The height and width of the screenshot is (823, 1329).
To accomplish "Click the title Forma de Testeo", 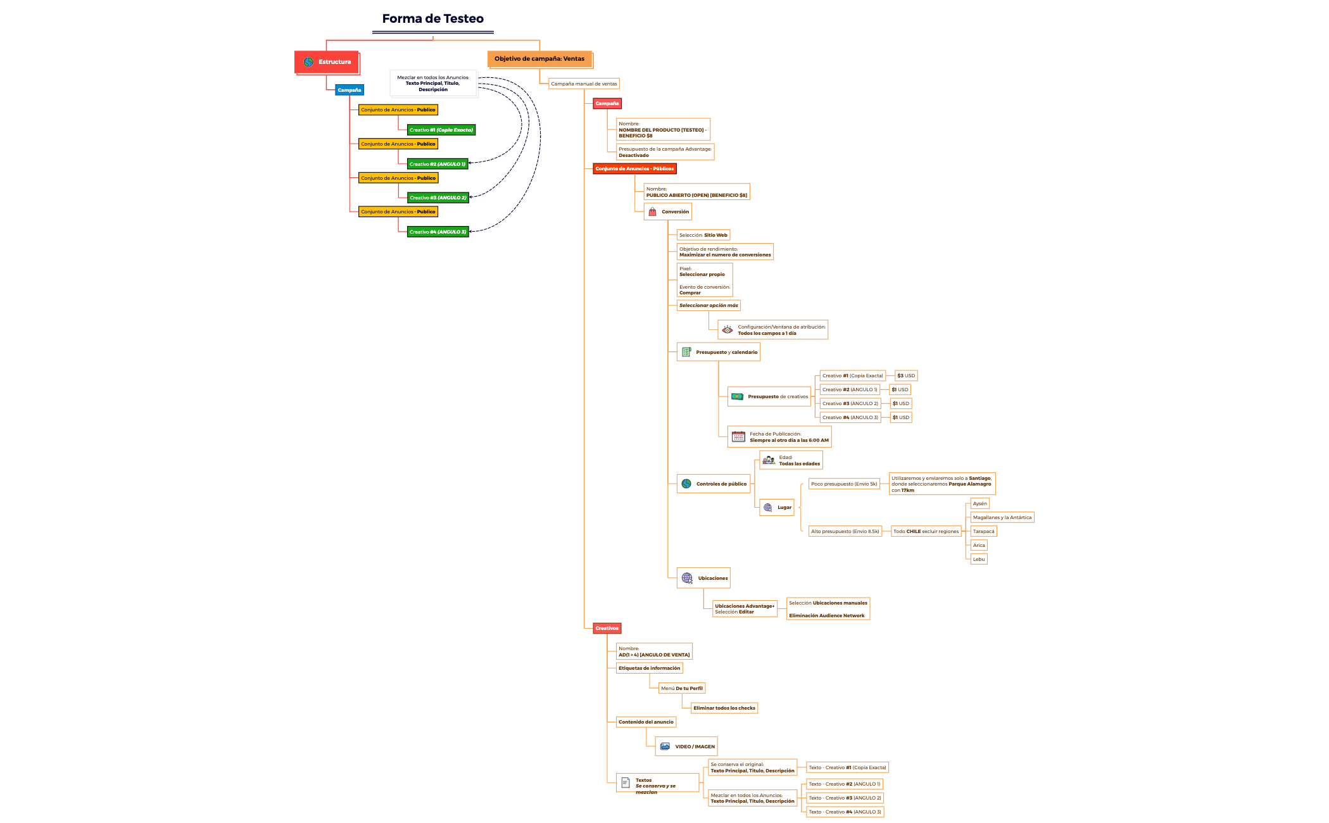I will point(432,19).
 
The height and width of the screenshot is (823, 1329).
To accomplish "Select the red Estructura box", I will point(327,62).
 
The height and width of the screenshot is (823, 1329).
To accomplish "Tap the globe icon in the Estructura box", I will point(308,62).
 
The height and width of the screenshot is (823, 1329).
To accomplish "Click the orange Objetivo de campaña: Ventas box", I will point(539,59).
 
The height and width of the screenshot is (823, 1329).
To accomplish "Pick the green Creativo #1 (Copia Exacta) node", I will point(441,130).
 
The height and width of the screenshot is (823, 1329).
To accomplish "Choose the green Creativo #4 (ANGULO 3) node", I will point(438,232).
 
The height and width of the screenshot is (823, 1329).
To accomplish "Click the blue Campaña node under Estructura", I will point(349,90).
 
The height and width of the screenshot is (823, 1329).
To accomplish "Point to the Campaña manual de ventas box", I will point(583,84).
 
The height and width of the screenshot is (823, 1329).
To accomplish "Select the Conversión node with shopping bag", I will point(668,211).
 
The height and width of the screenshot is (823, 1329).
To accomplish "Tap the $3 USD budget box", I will point(905,375).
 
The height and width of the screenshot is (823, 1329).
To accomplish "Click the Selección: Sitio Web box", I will point(703,235).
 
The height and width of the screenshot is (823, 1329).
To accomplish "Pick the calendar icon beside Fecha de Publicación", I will point(738,437).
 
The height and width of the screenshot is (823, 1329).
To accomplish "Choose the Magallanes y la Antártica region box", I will point(1002,517).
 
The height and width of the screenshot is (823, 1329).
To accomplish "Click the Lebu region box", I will point(978,559).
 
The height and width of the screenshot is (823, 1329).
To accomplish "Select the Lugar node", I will point(777,507).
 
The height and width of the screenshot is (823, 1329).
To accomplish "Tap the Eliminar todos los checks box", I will point(724,708).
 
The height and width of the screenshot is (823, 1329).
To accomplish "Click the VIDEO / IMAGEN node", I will point(687,746).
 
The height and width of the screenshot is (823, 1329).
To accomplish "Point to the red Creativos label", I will point(607,628).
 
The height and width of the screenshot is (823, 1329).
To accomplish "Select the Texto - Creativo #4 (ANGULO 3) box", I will point(845,812).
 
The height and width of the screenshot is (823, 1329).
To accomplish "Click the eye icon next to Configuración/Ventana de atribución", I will point(727,330).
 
